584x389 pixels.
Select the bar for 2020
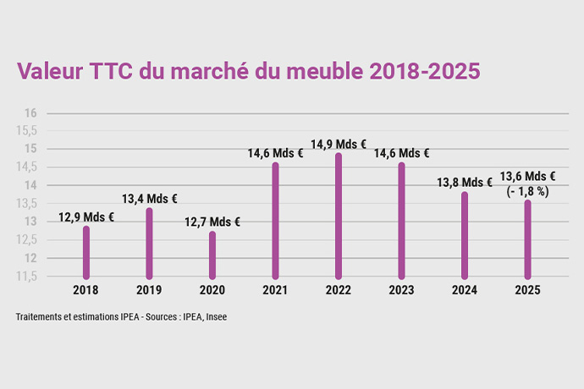pos(212,255)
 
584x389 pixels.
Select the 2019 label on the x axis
pos(149,290)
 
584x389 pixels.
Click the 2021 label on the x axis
pos(275,290)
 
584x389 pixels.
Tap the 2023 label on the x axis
pos(401,290)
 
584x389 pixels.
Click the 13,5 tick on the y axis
pos(28,204)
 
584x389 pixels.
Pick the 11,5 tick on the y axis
pos(28,277)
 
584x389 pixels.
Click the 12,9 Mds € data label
pos(86,217)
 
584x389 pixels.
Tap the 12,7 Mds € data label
pos(212,222)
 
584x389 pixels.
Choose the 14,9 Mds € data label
pos(339,145)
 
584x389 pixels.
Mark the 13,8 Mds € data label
pos(464,182)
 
